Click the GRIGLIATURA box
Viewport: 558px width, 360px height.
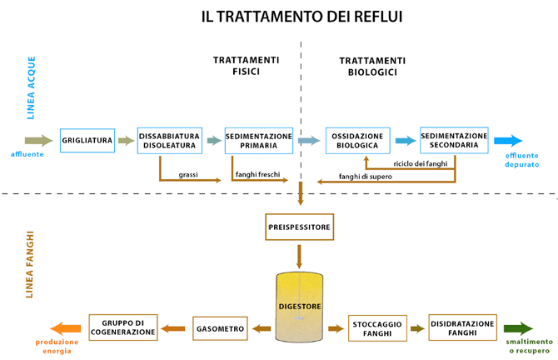pyautogui.click(x=87, y=141)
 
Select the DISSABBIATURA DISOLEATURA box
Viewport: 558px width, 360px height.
pyautogui.click(x=168, y=140)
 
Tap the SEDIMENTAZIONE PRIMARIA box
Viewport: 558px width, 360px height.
pyautogui.click(x=259, y=140)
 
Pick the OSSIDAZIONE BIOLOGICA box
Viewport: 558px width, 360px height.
pyautogui.click(x=357, y=140)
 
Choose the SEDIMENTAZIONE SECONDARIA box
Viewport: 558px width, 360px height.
pyautogui.click(x=453, y=140)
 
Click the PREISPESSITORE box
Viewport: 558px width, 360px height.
pyautogui.click(x=298, y=227)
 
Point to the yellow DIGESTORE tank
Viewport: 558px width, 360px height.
pyautogui.click(x=298, y=307)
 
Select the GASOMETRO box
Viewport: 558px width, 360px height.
pyautogui.click(x=220, y=328)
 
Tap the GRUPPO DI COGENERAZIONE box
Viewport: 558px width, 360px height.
pyautogui.click(x=123, y=327)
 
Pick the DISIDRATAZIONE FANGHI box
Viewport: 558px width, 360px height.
pyautogui.click(x=462, y=327)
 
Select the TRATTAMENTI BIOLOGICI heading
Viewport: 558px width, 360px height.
pyautogui.click(x=372, y=67)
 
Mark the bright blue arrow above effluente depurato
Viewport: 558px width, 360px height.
pyautogui.click(x=508, y=140)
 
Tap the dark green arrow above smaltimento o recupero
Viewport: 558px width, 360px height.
pyautogui.click(x=517, y=328)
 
